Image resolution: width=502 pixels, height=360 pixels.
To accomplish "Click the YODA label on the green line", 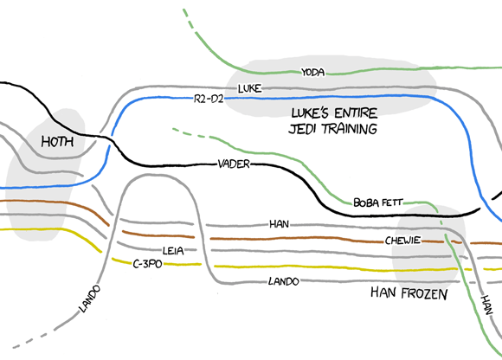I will point(312,73).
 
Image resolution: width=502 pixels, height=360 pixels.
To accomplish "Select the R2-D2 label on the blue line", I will point(210,100).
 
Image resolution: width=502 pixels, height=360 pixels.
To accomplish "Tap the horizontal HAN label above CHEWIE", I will point(279,224).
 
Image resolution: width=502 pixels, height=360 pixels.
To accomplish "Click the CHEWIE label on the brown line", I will point(402,240).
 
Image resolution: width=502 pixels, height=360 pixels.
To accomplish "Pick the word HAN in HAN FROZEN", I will point(383,294).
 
